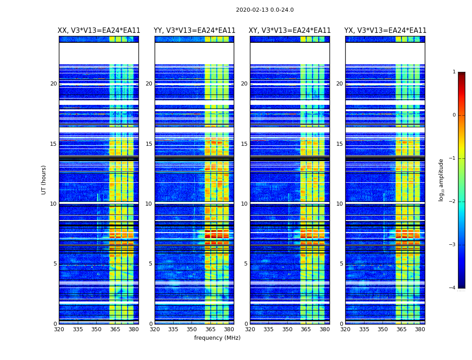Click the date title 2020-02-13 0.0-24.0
[265, 10]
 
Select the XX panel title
[99, 31]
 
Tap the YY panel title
[194, 31]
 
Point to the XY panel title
[290, 31]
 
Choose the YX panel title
[385, 31]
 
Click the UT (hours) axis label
[44, 180]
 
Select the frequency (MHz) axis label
[217, 338]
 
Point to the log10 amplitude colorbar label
[441, 180]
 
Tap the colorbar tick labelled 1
[454, 72]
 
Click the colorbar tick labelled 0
[454, 115]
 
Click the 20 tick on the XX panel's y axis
[53, 84]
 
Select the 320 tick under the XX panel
[59, 329]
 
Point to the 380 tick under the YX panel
[420, 329]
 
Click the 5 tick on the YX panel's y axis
[342, 264]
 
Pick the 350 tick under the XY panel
[287, 329]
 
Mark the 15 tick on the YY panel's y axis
[149, 144]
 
